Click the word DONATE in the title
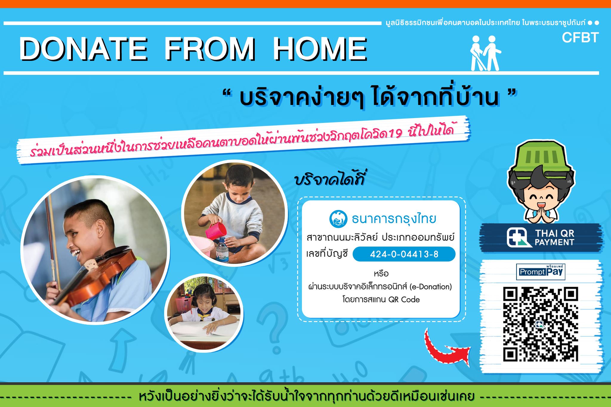coord(83,49)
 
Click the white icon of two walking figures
coord(486,53)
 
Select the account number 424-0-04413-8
coord(404,254)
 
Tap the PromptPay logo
coord(541,272)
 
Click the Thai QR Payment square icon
coord(519,237)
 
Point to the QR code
coord(541,324)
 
